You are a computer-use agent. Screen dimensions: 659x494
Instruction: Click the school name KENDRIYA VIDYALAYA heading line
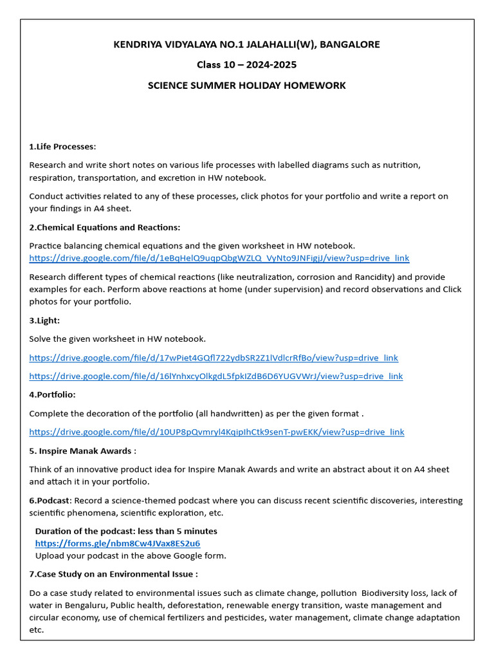(x=247, y=44)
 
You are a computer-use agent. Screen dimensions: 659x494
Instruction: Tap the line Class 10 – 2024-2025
(x=247, y=65)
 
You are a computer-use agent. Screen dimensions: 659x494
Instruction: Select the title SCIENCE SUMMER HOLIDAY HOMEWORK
(x=247, y=86)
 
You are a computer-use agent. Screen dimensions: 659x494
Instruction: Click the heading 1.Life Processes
(x=62, y=147)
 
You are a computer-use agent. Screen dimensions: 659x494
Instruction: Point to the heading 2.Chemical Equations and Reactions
(x=105, y=227)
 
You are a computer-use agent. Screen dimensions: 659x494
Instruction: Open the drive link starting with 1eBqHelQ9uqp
(x=219, y=258)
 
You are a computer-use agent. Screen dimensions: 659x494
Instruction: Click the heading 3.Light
(x=44, y=320)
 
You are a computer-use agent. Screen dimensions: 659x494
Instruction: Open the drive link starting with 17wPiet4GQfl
(x=214, y=358)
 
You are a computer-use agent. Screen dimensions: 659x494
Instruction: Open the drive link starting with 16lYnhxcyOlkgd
(x=216, y=376)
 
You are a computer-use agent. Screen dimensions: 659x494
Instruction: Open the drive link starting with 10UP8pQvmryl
(x=217, y=432)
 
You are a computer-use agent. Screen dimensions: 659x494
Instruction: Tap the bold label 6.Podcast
(x=50, y=501)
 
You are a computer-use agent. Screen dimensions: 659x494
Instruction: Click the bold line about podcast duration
(x=126, y=532)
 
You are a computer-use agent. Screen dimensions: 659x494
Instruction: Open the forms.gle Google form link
(x=117, y=543)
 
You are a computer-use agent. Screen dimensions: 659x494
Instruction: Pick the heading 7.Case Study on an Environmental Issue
(x=113, y=574)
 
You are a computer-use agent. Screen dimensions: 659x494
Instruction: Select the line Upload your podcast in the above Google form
(x=131, y=555)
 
